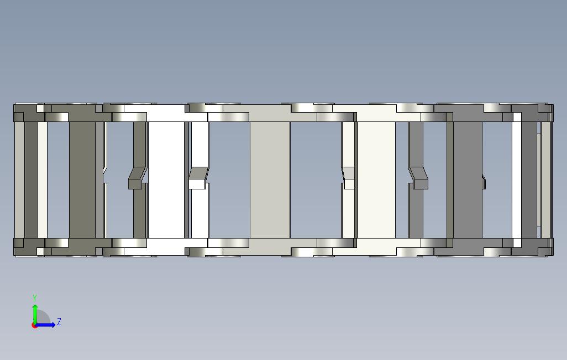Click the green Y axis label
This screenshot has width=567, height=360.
[x=35, y=298]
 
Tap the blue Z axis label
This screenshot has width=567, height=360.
[x=59, y=322]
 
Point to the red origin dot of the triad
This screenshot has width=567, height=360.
[x=34, y=325]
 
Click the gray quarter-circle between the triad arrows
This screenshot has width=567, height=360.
[x=43, y=317]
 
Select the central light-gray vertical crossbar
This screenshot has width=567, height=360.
[x=270, y=179]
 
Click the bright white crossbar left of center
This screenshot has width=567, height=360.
[x=166, y=179]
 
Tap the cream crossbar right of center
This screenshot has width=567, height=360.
[x=376, y=179]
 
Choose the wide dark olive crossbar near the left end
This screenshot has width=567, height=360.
[x=82, y=179]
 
